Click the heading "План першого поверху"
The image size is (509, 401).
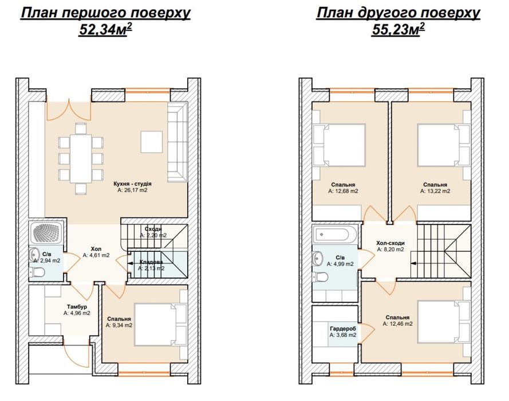(x=105, y=13)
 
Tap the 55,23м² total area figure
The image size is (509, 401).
(x=398, y=29)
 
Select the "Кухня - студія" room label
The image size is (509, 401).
(x=132, y=184)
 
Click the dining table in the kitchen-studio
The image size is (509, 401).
(x=81, y=158)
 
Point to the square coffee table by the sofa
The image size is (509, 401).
(x=152, y=142)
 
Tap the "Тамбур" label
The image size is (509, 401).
(x=77, y=307)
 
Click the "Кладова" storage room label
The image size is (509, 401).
(x=151, y=262)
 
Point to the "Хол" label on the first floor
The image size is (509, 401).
(x=96, y=249)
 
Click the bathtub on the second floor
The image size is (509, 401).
(x=336, y=234)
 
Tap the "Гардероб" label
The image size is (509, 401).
(x=343, y=329)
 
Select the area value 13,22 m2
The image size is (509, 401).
(x=435, y=191)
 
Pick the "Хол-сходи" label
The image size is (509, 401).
(x=390, y=243)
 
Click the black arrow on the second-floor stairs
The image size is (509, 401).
(x=413, y=263)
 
